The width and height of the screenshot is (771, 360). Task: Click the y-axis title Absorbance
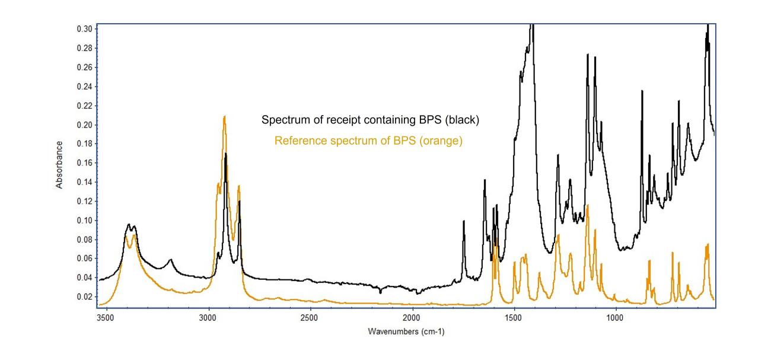point(59,165)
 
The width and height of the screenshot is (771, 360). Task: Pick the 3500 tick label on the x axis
point(106,318)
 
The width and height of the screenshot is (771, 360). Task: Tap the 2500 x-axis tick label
point(310,318)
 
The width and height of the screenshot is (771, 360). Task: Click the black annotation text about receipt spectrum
point(370,120)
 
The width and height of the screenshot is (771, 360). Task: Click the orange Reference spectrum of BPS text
point(368,141)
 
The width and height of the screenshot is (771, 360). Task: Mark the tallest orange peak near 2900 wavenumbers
point(224,117)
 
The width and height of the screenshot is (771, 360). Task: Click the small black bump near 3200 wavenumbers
point(171,260)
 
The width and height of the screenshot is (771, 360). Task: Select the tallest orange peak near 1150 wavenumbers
point(587,205)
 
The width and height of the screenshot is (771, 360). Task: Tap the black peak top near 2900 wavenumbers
point(225,154)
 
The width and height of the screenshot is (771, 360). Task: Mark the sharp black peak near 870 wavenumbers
point(642,91)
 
